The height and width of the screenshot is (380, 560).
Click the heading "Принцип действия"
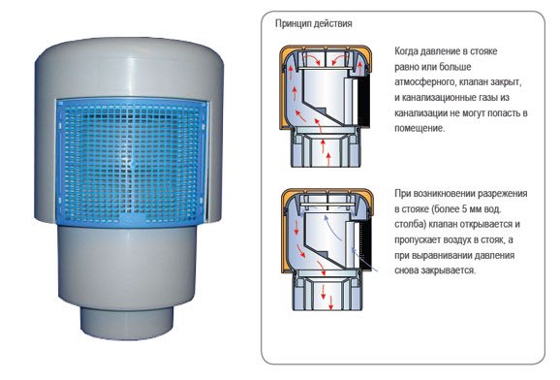coord(313,24)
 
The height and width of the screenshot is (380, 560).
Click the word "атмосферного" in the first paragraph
coord(424,82)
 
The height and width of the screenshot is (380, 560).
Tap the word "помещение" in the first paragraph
coord(419,128)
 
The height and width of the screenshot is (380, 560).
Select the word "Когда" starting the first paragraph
coord(406,51)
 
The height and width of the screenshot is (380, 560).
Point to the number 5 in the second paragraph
coord(463,209)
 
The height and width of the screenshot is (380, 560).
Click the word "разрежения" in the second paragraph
coord(503,194)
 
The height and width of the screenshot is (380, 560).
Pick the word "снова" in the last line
coord(406,270)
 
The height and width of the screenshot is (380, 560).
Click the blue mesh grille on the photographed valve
coord(131,163)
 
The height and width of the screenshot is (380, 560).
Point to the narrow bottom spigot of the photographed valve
coord(127,322)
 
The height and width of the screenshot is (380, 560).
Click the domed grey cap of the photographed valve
coord(131,68)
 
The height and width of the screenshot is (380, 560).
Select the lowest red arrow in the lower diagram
coord(331,302)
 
